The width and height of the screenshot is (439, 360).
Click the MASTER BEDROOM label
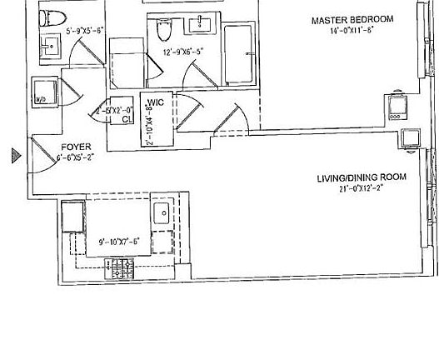click(352, 19)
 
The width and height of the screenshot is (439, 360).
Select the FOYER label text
click(76, 147)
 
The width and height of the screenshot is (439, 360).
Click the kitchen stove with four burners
click(119, 269)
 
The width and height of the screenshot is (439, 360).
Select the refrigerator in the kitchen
click(72, 220)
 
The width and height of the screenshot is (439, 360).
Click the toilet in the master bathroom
click(163, 31)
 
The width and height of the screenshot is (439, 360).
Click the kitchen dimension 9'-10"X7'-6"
click(118, 242)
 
